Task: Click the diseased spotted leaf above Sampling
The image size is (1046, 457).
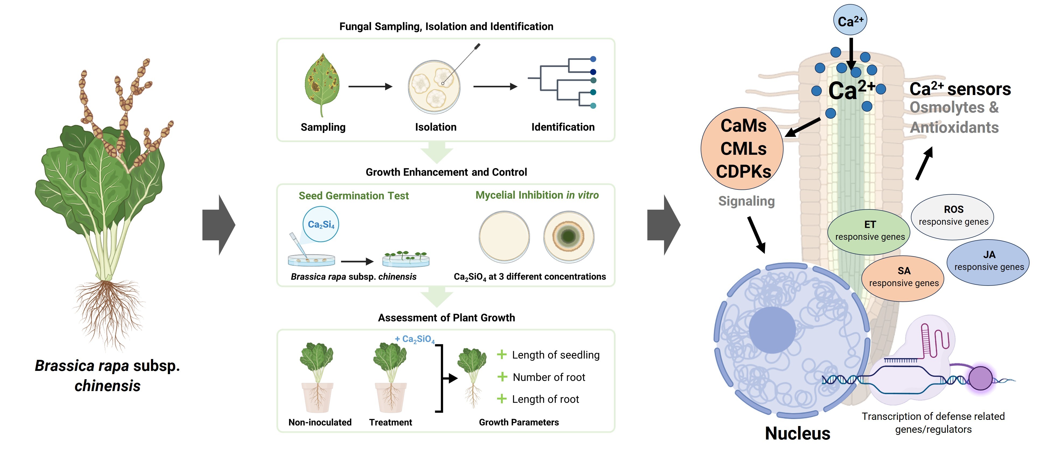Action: tap(322, 83)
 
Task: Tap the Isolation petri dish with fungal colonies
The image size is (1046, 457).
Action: tap(434, 87)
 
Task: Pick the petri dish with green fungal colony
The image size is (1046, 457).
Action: tap(568, 237)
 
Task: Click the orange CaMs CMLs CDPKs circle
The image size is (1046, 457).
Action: tap(742, 149)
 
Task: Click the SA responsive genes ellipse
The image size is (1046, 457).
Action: tap(903, 278)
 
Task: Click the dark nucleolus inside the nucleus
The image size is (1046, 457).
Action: tap(772, 329)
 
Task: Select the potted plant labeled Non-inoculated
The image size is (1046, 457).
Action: tap(317, 377)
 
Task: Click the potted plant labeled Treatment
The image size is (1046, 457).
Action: tap(390, 377)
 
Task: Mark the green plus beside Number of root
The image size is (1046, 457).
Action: tap(502, 377)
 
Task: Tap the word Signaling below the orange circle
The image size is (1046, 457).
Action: tap(746, 201)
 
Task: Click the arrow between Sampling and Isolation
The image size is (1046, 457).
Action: tap(370, 86)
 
